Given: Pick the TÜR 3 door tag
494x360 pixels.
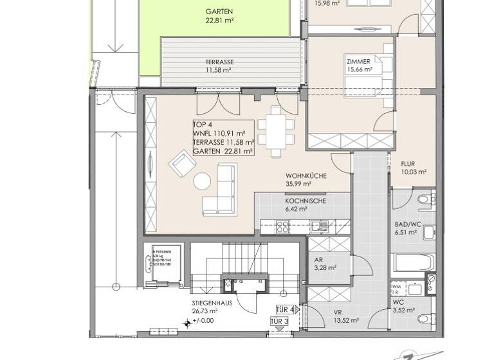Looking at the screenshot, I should click(278, 321).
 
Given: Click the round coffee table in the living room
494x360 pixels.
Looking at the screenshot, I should click(202, 182).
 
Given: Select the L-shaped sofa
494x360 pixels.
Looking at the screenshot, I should click(221, 191).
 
